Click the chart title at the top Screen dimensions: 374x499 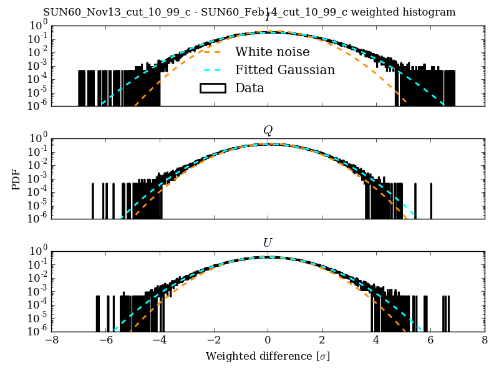249,12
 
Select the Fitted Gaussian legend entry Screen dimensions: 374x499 284,70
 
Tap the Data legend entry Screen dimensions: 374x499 249,88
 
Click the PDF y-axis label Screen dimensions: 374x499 16,179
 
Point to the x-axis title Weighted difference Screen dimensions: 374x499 268,357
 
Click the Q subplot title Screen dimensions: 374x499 268,130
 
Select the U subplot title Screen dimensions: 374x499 268,242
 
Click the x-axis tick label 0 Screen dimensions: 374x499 268,341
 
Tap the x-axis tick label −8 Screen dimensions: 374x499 51,341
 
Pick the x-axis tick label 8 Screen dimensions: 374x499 485,341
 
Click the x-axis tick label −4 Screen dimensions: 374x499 159,341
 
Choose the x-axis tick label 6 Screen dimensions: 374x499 430,341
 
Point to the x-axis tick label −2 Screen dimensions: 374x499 213,341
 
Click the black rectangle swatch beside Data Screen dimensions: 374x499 212,88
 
